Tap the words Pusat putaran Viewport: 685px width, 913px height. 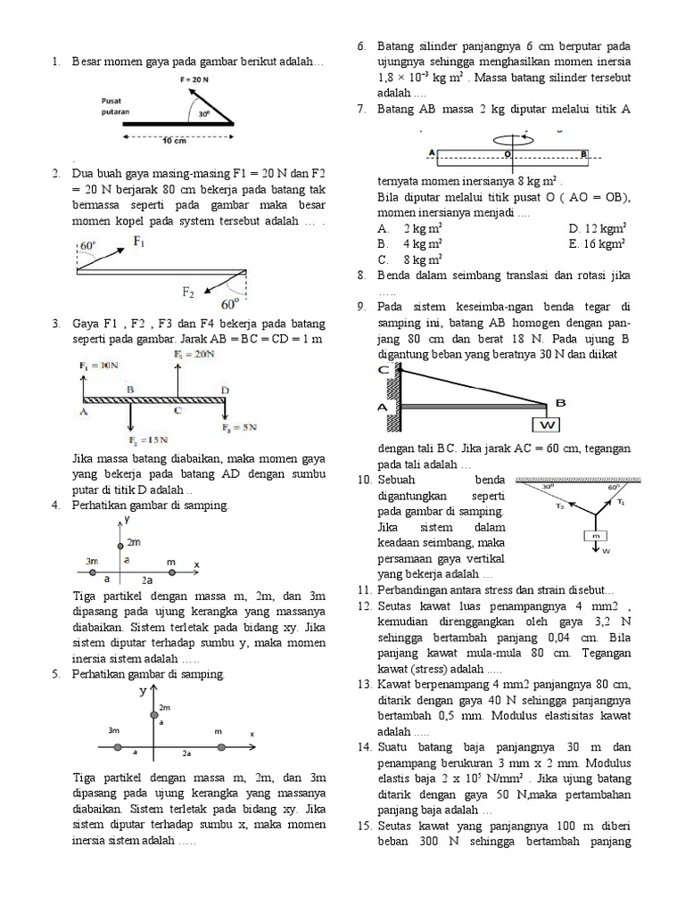117,106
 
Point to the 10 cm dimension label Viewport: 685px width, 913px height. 174,141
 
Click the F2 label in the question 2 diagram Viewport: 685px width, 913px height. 190,292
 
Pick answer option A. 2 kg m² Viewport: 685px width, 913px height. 410,227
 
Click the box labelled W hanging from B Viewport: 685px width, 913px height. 547,424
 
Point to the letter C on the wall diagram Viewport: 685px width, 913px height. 383,369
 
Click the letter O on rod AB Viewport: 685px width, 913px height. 508,153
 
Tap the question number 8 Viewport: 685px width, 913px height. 361,276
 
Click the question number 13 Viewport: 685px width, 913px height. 363,684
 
